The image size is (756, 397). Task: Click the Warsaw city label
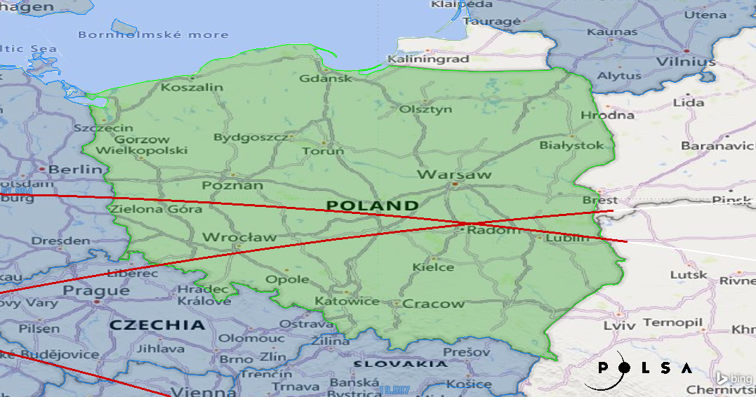tap(454, 174)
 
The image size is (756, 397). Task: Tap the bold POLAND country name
tap(372, 206)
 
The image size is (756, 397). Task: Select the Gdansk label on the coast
tap(326, 78)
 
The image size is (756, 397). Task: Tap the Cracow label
tap(433, 304)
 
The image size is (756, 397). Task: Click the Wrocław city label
tap(239, 237)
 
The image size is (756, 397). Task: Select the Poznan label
tap(232, 185)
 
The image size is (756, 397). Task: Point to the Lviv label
tap(618, 325)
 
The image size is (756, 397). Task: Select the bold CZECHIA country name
tap(158, 325)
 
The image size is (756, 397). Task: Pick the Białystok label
tap(571, 145)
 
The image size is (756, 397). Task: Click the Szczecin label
tap(103, 128)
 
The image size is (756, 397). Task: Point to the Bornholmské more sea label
tap(153, 34)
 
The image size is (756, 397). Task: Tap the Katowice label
tap(347, 301)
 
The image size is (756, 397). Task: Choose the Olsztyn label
tap(425, 109)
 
